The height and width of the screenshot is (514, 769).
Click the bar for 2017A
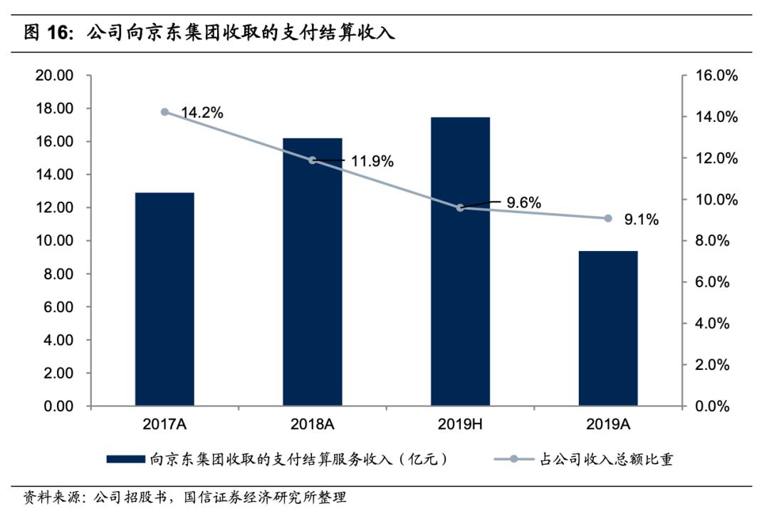(x=164, y=299)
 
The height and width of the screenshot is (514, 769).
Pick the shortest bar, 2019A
(x=608, y=329)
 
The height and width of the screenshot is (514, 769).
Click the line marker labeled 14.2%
(x=164, y=112)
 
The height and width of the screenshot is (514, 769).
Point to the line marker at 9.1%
(x=608, y=218)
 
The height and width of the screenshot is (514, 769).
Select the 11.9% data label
(x=372, y=162)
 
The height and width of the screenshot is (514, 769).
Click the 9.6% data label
(x=524, y=202)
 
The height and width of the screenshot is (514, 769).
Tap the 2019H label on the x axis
(x=460, y=425)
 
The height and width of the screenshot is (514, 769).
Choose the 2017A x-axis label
(x=164, y=425)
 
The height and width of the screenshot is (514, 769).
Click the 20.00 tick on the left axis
(x=55, y=76)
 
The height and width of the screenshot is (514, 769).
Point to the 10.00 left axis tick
(x=55, y=241)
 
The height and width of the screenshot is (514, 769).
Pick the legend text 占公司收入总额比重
(x=605, y=460)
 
